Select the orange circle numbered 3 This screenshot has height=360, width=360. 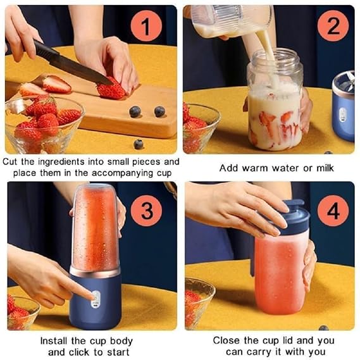click(x=146, y=210)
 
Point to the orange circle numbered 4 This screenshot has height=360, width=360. click(x=332, y=210)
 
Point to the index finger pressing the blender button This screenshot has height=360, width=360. click(x=82, y=292)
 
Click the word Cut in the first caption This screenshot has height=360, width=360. click(x=13, y=162)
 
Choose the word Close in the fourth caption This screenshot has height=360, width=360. click(x=226, y=340)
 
